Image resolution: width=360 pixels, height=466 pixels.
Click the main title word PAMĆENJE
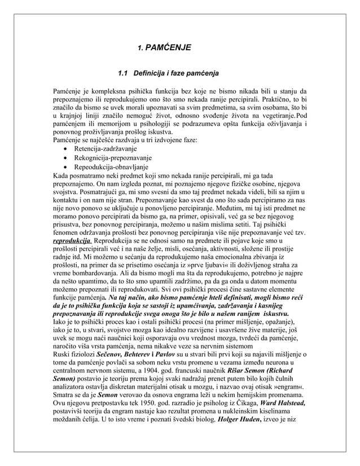pyautogui.click(x=168, y=49)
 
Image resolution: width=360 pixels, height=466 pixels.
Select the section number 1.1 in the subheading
pyautogui.click(x=122, y=73)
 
